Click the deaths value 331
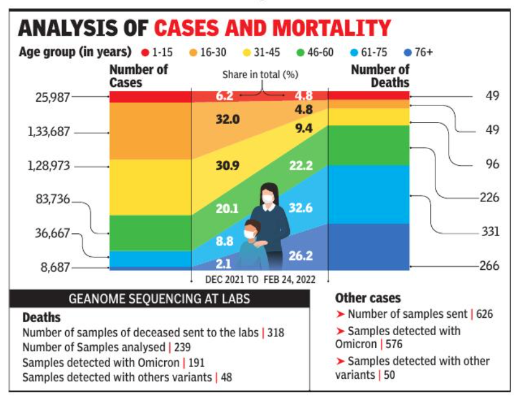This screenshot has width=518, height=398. pos(490,232)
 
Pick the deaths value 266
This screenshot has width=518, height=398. pos(490,266)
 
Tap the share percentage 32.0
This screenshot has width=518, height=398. pos(227,120)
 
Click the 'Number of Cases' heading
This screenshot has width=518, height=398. pos(138,76)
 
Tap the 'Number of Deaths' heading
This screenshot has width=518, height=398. pos(380,76)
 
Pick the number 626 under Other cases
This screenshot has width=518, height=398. pos(484,314)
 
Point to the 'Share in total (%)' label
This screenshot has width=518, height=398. pos(260,74)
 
